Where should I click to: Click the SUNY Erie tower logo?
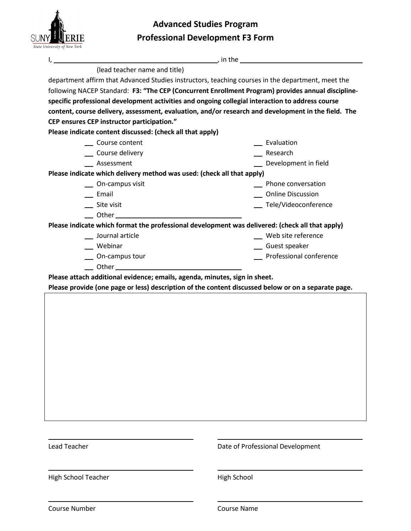click(x=57, y=30)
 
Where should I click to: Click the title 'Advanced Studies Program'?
click(x=205, y=24)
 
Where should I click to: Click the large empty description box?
click(x=205, y=357)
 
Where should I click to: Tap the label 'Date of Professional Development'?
click(x=268, y=447)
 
